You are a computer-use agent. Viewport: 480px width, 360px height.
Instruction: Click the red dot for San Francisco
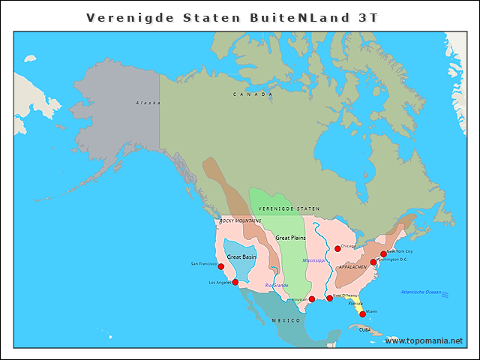(220, 266)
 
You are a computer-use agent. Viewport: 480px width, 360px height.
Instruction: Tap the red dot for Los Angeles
(235, 282)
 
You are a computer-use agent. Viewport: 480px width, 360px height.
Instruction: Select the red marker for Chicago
(337, 249)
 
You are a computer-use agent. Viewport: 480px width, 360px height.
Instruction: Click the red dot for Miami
(362, 314)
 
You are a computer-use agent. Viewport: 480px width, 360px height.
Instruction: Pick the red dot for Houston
(312, 298)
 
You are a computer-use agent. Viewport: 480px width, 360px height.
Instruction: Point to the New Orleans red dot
(329, 298)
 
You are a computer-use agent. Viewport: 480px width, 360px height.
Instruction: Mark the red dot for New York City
(383, 254)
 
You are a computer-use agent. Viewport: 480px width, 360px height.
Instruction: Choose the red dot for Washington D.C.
(373, 262)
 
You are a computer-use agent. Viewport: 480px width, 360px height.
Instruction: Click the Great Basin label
(241, 256)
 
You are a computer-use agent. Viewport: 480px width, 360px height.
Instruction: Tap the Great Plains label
(290, 238)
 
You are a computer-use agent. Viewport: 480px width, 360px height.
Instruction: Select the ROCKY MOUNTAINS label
(240, 221)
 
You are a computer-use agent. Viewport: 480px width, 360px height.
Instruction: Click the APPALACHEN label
(352, 267)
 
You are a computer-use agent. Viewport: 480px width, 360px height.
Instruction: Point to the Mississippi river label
(313, 260)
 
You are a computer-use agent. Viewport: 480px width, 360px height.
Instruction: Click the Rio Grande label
(276, 286)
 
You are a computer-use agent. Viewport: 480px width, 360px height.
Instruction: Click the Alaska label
(148, 103)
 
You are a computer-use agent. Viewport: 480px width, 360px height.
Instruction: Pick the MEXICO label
(285, 320)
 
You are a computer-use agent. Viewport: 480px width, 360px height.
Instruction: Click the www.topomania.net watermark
(424, 340)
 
